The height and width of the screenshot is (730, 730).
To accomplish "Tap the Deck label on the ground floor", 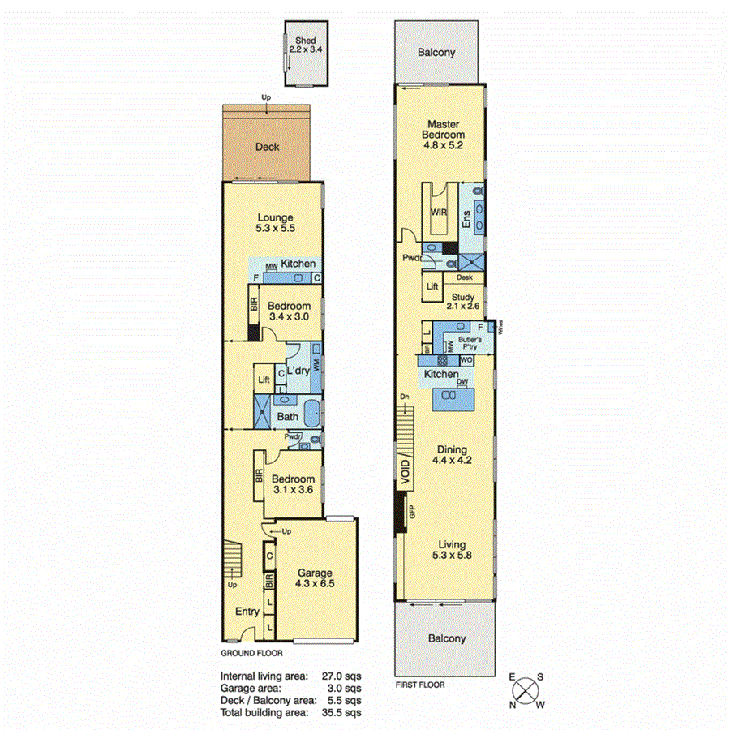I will [x=268, y=147].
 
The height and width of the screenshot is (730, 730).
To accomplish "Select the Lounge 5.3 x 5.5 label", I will [x=275, y=223].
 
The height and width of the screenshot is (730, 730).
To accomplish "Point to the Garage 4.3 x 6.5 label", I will [x=316, y=578].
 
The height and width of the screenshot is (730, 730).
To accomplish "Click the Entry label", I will [x=247, y=612].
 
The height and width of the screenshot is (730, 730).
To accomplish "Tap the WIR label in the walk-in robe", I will [x=438, y=212].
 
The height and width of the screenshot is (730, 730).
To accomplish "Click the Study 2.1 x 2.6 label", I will [x=464, y=301].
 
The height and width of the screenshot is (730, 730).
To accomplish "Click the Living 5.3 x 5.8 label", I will [x=452, y=551].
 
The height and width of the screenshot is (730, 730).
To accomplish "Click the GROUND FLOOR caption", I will [x=252, y=652].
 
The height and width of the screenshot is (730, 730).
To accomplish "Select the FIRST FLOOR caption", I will [x=419, y=685].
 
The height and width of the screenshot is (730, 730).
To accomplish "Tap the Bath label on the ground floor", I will [x=288, y=417].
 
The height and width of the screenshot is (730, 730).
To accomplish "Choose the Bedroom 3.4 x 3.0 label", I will [x=289, y=311].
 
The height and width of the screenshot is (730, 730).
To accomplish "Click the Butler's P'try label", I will [x=466, y=342].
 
